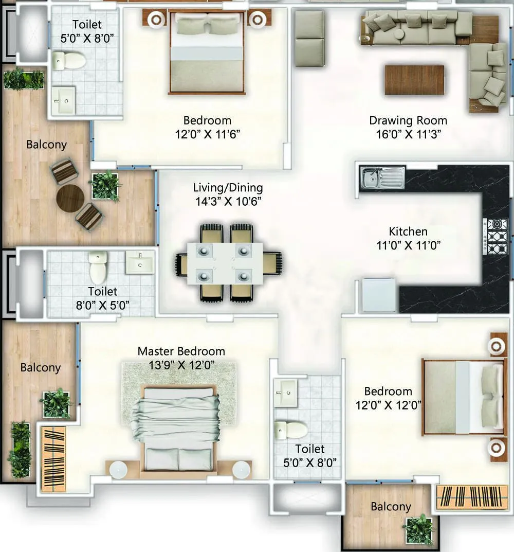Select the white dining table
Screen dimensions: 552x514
tap(225, 263)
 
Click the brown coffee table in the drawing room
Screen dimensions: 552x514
tap(414, 80)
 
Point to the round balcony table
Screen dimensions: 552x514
tap(70, 198)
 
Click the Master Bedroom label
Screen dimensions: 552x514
tap(181, 351)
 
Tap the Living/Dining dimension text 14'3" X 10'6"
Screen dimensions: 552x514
tap(228, 201)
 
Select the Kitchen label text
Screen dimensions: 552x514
tap(408, 232)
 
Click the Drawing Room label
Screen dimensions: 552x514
tap(408, 121)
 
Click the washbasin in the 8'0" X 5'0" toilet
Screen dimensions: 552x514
tap(139, 263)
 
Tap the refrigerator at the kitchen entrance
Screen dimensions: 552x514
tap(379, 295)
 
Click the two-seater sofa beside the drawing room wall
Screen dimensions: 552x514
tap(309, 39)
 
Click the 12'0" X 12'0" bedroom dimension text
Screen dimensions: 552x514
tap(389, 405)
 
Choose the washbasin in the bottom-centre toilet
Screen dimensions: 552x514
tap(285, 393)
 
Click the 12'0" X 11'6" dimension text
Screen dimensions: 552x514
tap(207, 134)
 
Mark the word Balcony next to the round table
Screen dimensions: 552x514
tap(46, 145)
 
